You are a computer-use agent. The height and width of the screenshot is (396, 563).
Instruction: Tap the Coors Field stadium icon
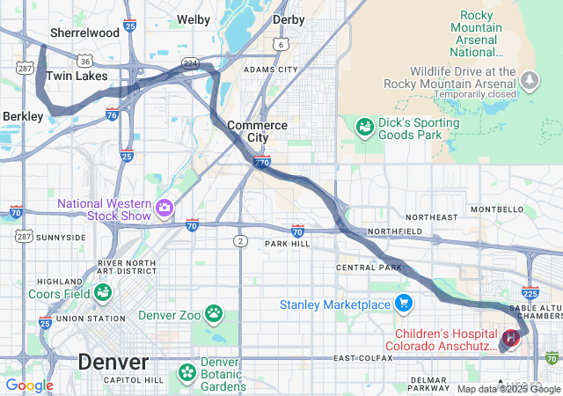pyautogui.click(x=104, y=291)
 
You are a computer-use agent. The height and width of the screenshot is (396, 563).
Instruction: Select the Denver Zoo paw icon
pyautogui.click(x=214, y=312)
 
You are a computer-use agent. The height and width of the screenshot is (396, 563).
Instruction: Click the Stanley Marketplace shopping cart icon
pyautogui.click(x=404, y=304)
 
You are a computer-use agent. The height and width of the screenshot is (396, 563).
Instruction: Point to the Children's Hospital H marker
pyautogui.click(x=509, y=338)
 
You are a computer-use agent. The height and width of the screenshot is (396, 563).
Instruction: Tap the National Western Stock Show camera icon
pyautogui.click(x=165, y=208)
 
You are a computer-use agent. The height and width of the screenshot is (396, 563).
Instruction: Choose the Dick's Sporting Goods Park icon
pyautogui.click(x=363, y=128)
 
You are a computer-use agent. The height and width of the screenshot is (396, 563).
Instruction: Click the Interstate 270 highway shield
pyautogui.click(x=262, y=162)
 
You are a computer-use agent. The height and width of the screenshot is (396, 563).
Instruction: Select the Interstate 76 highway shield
pyautogui.click(x=112, y=114)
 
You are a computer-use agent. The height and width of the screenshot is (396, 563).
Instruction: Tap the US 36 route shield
pyautogui.click(x=84, y=62)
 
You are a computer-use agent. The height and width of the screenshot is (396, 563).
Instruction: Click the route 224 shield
pyautogui.click(x=189, y=62)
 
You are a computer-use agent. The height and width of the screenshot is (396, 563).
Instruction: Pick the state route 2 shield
pyautogui.click(x=240, y=240)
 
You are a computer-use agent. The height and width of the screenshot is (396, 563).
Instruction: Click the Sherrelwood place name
pyautogui.click(x=84, y=33)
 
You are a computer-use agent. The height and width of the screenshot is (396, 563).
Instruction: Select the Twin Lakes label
pyautogui.click(x=77, y=77)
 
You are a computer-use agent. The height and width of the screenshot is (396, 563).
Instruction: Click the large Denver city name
pyautogui.click(x=113, y=361)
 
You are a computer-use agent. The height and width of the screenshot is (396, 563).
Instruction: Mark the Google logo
pyautogui.click(x=29, y=385)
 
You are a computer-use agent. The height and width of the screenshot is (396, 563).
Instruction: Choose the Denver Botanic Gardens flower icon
pyautogui.click(x=187, y=372)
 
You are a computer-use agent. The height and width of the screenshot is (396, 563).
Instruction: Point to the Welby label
pyautogui.click(x=194, y=18)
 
